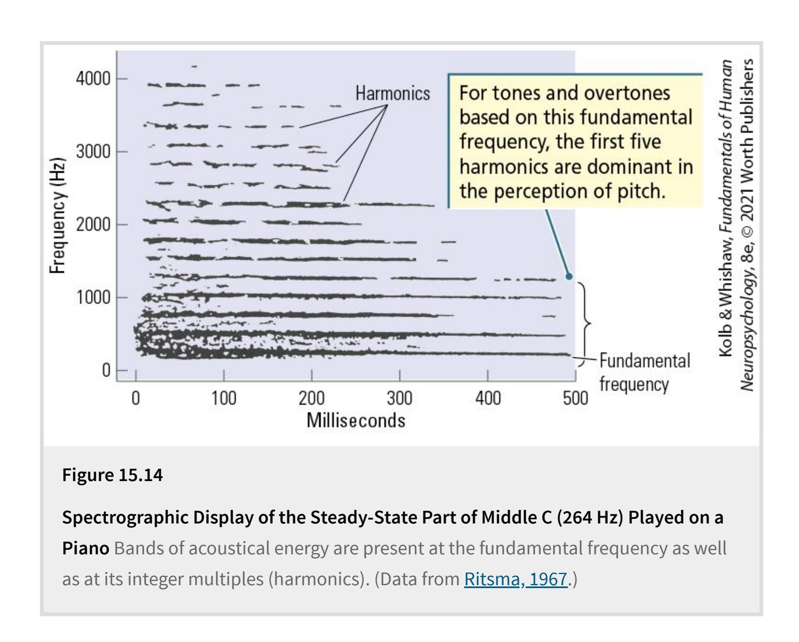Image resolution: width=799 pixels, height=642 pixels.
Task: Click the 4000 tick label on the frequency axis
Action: point(93,79)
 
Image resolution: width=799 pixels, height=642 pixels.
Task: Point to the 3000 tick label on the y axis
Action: point(93,152)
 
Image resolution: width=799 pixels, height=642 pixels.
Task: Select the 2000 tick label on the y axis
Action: point(93,225)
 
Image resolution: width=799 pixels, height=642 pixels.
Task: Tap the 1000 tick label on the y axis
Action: point(93,298)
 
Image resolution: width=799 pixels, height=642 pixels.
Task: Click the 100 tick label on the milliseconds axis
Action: point(224,398)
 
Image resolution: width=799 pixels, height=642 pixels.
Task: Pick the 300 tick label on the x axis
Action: point(399,398)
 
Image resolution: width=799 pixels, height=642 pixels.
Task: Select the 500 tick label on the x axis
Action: point(575,398)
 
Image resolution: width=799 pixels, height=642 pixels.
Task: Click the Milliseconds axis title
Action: point(356,421)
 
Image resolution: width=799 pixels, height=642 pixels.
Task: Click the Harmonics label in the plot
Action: point(392,94)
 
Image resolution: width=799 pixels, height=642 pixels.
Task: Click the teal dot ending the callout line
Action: point(569,277)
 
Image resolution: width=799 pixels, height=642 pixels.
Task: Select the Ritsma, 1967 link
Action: point(516,579)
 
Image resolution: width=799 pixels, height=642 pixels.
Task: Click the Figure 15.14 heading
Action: point(112,475)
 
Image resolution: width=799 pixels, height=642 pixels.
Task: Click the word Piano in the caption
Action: point(86,548)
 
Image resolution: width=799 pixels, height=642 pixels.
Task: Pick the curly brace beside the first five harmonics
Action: point(586,323)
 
